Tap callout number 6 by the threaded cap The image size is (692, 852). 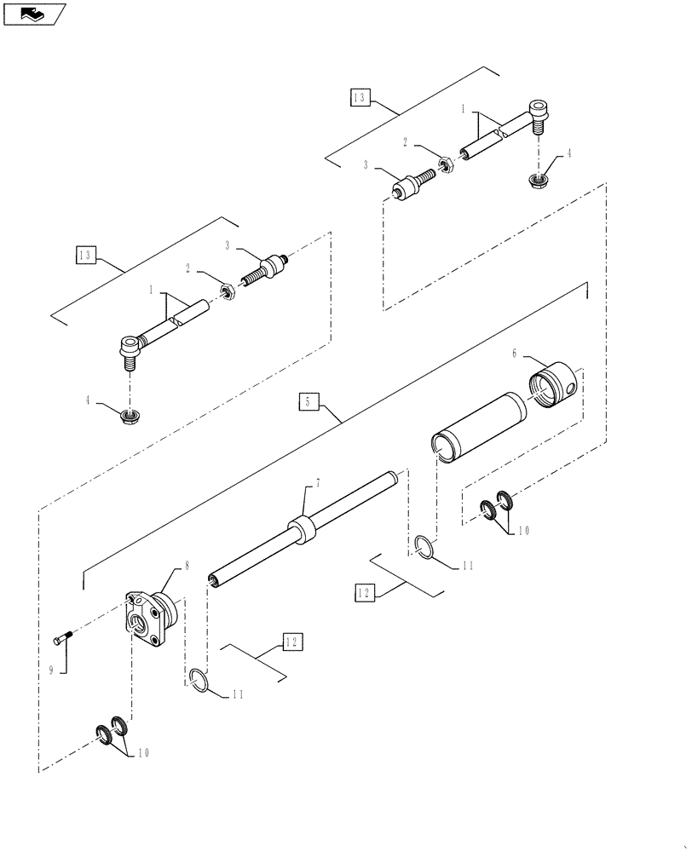tap(515, 353)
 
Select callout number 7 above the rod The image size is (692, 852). tap(317, 483)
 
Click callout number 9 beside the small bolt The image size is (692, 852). tap(50, 671)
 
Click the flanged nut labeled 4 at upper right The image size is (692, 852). tap(539, 181)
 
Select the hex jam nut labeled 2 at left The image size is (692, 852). tap(227, 293)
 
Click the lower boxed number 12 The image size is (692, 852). tap(291, 642)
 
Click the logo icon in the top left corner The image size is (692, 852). tap(34, 13)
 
